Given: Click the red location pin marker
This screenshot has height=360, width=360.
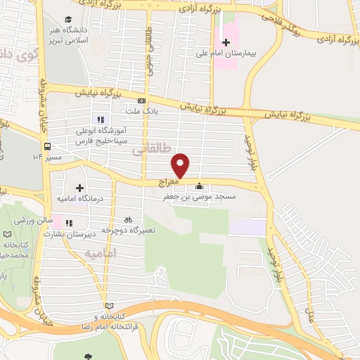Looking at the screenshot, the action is tap(181, 165).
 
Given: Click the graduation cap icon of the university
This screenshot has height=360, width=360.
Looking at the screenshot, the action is tap(67, 19).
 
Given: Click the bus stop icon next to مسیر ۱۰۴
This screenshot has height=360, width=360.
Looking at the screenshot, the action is tap(46, 146).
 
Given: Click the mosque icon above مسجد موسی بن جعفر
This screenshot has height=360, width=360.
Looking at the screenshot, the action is tap(199, 186).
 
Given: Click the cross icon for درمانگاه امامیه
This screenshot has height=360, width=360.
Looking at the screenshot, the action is tap(79, 188).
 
